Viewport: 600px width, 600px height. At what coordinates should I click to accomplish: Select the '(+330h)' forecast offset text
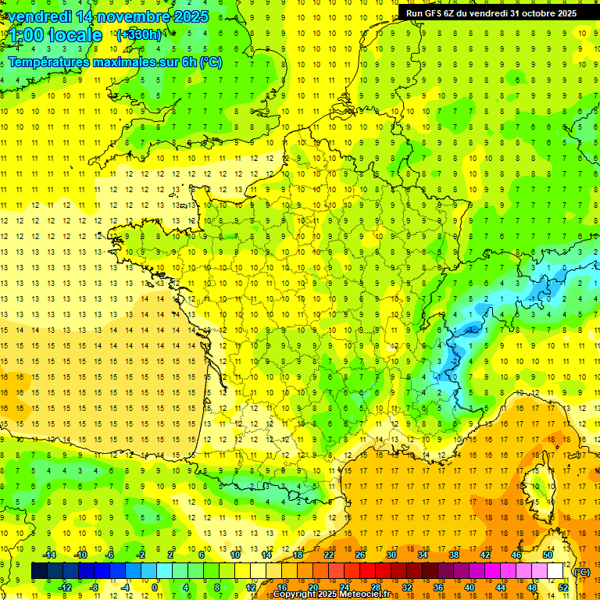[x=139, y=34]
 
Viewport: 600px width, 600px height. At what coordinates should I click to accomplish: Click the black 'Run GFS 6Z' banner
[x=491, y=13]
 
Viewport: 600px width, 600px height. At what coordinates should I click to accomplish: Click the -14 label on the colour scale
[x=49, y=555]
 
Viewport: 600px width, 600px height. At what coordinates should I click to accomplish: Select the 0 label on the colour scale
[x=155, y=587]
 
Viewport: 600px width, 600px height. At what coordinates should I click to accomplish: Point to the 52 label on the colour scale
[x=562, y=587]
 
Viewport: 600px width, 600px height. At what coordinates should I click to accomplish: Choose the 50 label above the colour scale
[x=548, y=555]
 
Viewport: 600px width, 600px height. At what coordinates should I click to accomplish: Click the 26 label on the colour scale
[x=360, y=555]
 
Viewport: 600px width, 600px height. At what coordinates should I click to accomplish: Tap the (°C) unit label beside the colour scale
[x=581, y=572]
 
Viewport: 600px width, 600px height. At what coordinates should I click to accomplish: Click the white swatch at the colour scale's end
[x=555, y=571]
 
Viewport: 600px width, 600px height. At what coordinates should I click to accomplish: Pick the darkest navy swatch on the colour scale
[x=39, y=571]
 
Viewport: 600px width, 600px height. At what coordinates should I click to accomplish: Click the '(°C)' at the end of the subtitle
[x=211, y=62]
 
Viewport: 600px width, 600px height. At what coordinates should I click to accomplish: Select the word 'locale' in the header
[x=75, y=35]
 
